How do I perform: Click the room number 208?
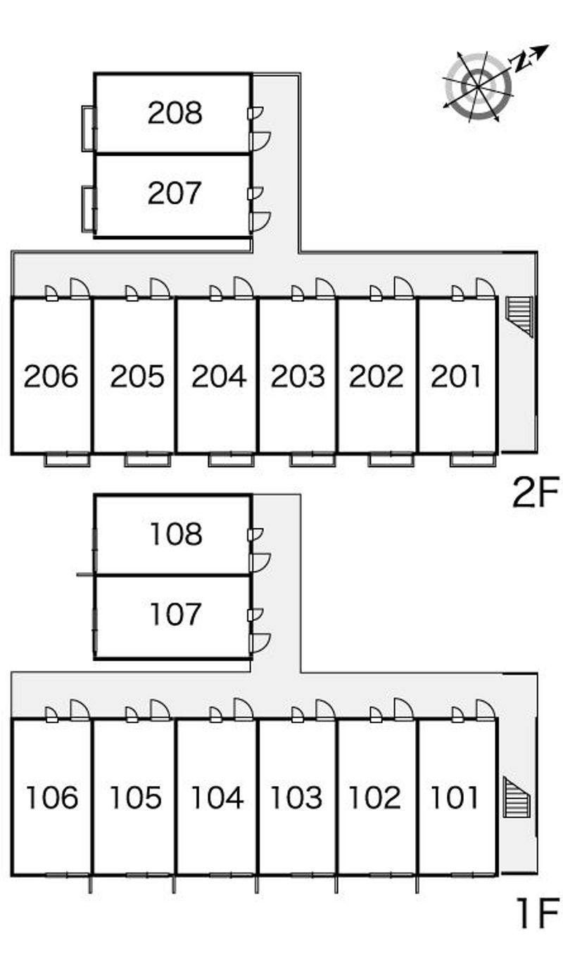pos(175,113)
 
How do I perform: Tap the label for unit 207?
pos(175,193)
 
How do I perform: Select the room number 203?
pos(298,376)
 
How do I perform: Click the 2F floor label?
pos(536,492)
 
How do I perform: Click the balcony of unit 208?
pos(89,128)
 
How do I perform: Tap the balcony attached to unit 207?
pos(88,209)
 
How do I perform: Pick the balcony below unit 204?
pos(231,459)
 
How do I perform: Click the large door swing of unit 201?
pos(486,289)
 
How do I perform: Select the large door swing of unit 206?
pos(80,289)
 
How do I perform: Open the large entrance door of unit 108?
pos(260,563)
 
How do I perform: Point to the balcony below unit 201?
pos(473,459)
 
